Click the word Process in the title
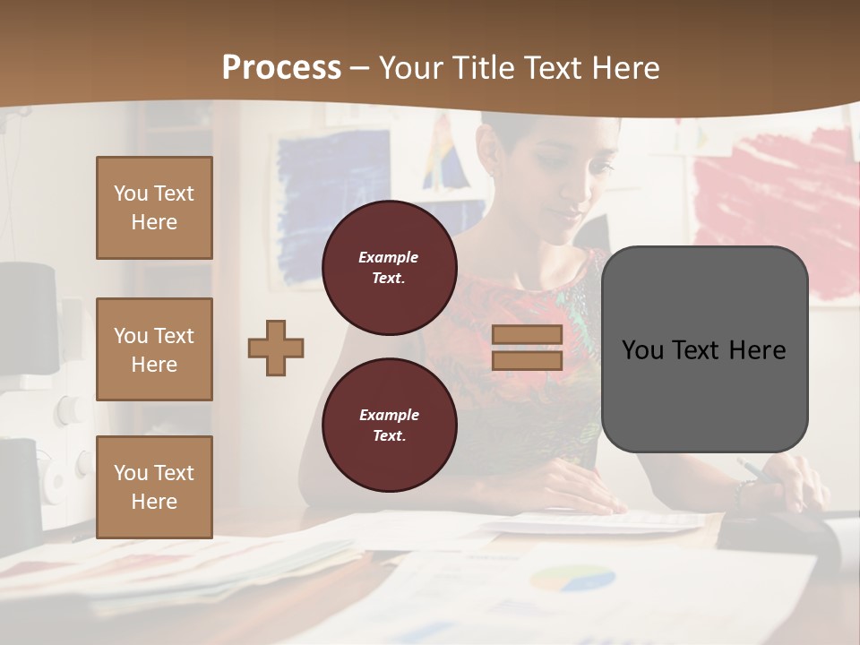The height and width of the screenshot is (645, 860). click(x=281, y=68)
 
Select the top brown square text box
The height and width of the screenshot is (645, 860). click(x=154, y=208)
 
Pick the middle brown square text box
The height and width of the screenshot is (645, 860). click(x=154, y=349)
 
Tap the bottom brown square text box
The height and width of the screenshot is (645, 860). click(x=154, y=486)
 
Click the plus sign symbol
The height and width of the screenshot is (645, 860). click(x=276, y=348)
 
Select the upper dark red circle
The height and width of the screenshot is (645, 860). click(x=390, y=268)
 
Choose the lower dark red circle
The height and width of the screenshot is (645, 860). click(x=390, y=426)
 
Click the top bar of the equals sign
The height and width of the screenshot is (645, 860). click(x=528, y=334)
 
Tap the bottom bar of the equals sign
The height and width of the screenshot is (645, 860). click(x=528, y=360)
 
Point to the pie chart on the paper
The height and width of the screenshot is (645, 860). click(x=572, y=578)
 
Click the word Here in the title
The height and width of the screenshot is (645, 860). click(x=623, y=68)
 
